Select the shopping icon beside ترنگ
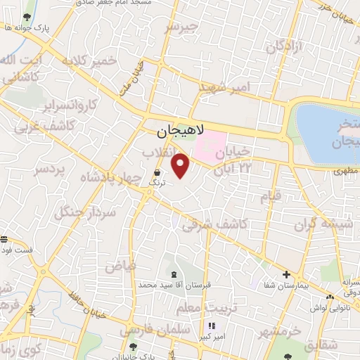point(157,172)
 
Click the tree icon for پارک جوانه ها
point(27,17)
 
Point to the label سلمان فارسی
point(147,328)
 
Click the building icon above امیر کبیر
point(212,326)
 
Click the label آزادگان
point(283,47)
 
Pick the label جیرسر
point(182,27)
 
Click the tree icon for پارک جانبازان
point(134,347)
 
